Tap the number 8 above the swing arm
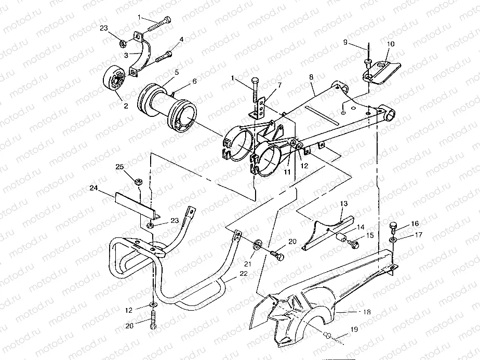311,76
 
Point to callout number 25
120,167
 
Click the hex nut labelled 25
139,182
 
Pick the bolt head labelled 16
393,226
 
